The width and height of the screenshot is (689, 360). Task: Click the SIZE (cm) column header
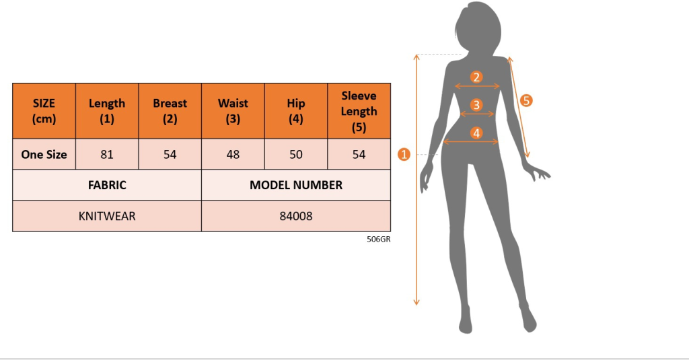coord(44,111)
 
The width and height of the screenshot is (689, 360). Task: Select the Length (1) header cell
coord(107,111)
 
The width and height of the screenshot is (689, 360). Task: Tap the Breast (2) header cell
coord(170,111)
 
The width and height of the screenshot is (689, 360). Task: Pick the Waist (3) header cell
coord(233,111)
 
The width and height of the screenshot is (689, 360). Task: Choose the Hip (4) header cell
coord(296,111)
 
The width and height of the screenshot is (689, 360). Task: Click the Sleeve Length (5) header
coord(359,111)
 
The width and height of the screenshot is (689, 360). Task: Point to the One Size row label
coord(44,154)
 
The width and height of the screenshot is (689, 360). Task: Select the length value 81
coord(107,154)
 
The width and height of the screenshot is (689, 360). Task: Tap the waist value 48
coord(233,154)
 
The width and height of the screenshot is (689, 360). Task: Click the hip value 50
coord(296,154)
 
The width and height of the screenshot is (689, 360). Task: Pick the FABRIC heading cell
coord(107,184)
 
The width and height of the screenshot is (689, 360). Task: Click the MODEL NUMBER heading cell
coord(296,184)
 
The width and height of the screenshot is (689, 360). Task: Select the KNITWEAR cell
coord(107,216)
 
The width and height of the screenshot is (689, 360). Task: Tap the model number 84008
coord(296,216)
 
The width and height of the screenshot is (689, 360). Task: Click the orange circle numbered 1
coord(404,154)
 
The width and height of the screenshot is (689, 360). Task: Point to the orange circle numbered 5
coord(526,100)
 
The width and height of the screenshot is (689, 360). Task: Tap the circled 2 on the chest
coord(476,77)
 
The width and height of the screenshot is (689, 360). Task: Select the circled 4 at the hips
coord(476,133)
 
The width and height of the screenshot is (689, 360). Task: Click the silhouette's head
coord(478,27)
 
